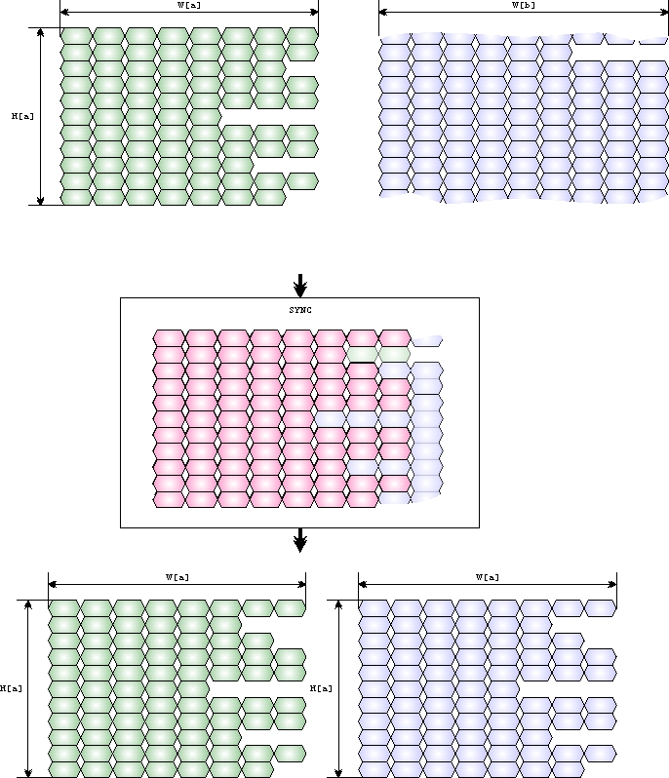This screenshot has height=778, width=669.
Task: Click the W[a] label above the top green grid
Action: [x=189, y=5]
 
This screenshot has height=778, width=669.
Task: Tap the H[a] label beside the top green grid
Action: [x=22, y=116]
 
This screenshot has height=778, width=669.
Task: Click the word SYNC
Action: [x=299, y=309]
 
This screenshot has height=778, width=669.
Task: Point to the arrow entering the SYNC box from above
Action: [x=300, y=286]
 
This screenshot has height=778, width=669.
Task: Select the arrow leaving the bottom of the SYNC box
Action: [x=300, y=540]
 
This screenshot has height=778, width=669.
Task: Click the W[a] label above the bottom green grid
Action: [x=177, y=577]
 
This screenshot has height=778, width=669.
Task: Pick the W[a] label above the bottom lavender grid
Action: [x=487, y=577]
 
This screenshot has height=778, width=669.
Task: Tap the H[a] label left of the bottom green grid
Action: [x=11, y=688]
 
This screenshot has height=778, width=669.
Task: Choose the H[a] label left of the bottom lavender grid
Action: [x=321, y=688]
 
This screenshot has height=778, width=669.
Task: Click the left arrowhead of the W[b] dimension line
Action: [x=382, y=13]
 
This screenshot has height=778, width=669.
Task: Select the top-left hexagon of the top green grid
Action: [x=76, y=36]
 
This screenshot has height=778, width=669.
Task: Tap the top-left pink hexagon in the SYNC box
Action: [x=170, y=338]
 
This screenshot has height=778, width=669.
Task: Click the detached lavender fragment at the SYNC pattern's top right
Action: [x=427, y=340]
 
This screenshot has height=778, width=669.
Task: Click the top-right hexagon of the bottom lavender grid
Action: [x=600, y=608]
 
